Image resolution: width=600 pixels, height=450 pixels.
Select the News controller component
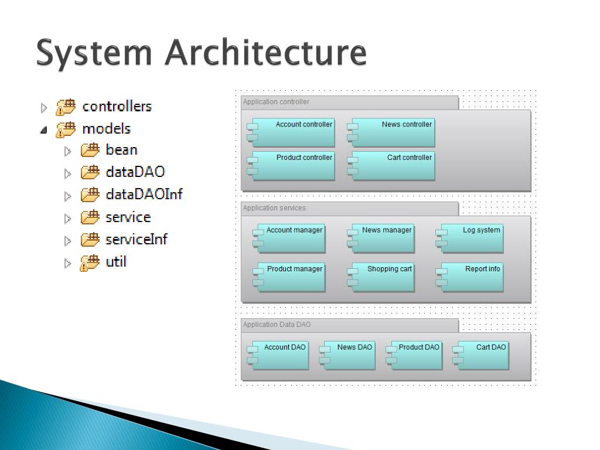coord(391,132)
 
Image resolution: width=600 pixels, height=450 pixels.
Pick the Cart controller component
coord(391,166)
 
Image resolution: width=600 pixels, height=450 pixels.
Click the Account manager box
coord(289,238)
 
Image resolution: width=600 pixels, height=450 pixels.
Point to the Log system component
coord(469,238)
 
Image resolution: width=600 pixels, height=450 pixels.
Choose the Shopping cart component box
coord(381,277)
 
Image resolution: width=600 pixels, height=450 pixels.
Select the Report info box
coord(469,277)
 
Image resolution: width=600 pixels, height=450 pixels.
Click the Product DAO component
coord(414,356)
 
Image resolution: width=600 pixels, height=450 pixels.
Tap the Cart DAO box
coord(481,356)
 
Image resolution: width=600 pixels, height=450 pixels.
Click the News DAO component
coord(347,356)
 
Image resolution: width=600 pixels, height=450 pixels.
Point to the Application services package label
coord(274,208)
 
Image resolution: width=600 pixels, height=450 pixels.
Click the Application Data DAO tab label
coord(277,325)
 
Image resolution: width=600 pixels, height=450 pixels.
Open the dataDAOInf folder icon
coord(90,195)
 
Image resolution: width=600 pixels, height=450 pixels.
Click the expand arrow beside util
coord(68,263)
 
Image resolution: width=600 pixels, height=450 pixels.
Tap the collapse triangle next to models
coord(43,130)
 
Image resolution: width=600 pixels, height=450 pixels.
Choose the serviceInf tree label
coord(137,240)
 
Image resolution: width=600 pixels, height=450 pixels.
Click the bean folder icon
coord(90,150)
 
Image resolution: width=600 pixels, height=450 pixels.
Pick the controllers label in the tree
coord(117,107)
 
